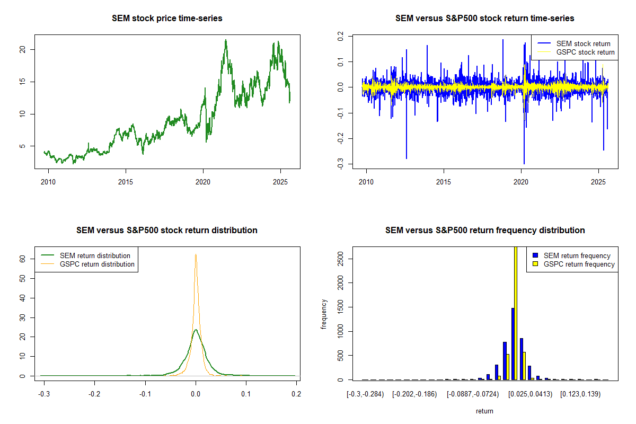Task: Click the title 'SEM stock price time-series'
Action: click(x=167, y=19)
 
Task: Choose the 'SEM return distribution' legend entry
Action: click(x=95, y=255)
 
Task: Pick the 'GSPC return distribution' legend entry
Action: click(x=97, y=264)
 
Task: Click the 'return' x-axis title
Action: click(x=484, y=411)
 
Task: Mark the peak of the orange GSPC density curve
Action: click(x=196, y=254)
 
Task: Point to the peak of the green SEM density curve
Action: click(x=196, y=330)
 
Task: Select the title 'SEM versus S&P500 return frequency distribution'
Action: click(x=485, y=231)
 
